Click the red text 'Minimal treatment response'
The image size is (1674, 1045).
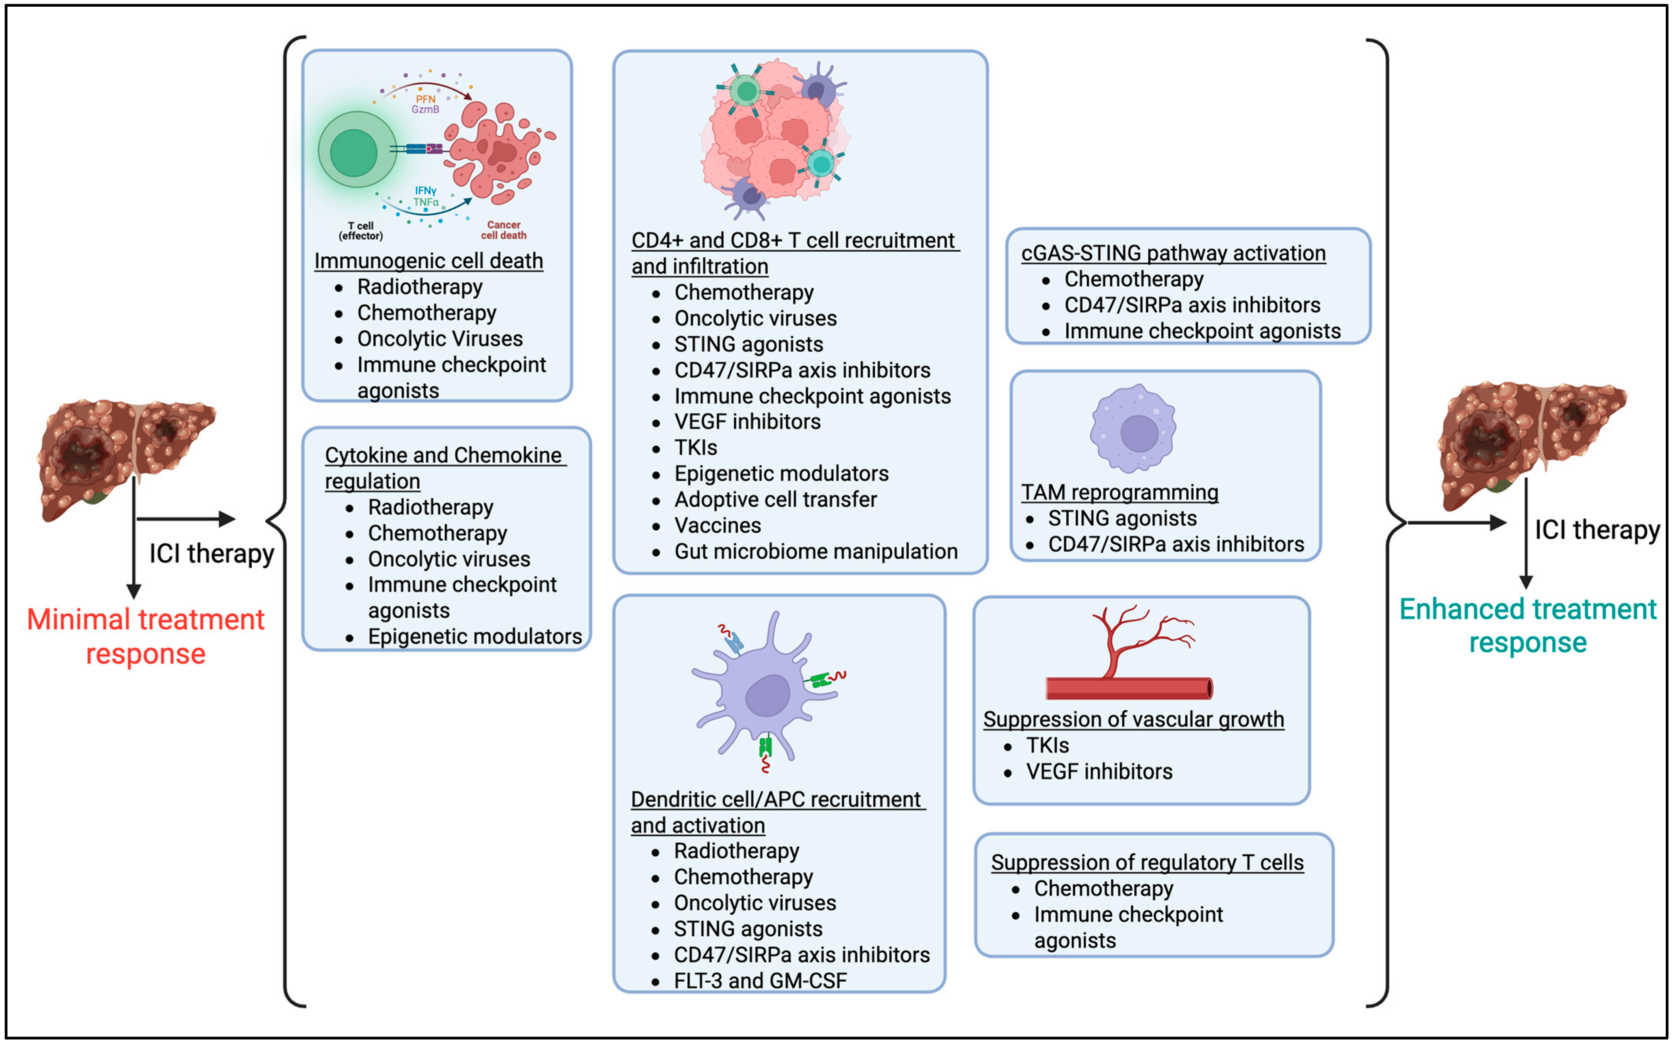[x=145, y=636]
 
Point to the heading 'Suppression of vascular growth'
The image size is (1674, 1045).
[x=1133, y=719]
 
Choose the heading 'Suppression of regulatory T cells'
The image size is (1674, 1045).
[x=1147, y=862]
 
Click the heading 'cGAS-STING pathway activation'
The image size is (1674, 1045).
[x=1173, y=253]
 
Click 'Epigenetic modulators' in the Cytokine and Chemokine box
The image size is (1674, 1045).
[x=475, y=636]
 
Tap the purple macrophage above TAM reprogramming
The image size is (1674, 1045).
[x=1134, y=430]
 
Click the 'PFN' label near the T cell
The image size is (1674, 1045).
[x=425, y=99]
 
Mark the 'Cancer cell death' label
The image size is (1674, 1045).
[x=503, y=230]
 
